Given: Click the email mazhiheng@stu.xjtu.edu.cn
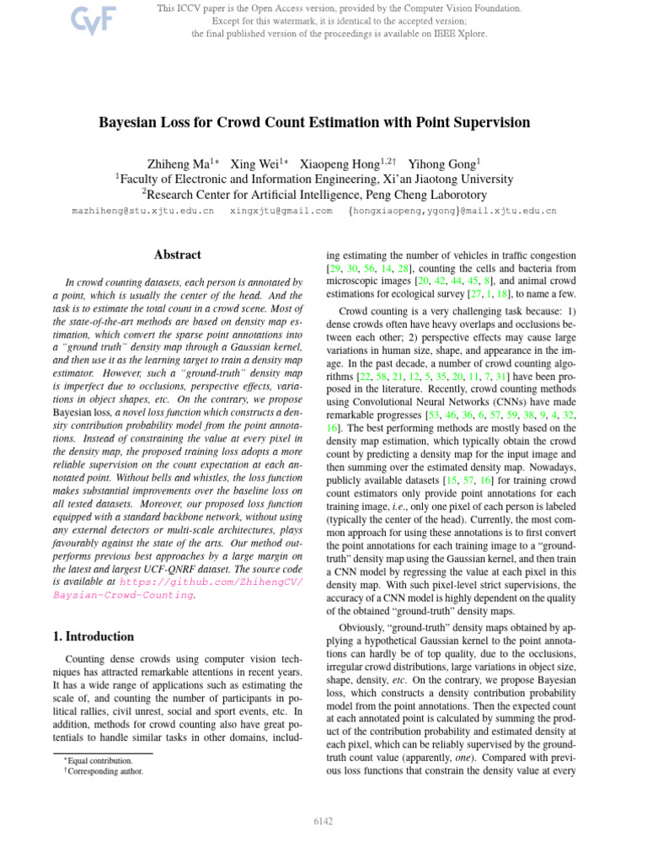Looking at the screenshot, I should [x=143, y=211].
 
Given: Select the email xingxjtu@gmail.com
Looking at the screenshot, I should [x=281, y=211].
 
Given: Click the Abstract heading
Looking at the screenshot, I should [x=177, y=254].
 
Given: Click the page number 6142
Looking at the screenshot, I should [x=323, y=820].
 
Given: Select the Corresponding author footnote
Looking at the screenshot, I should [x=105, y=770].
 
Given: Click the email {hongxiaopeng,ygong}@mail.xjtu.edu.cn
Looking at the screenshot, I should [x=452, y=211].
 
